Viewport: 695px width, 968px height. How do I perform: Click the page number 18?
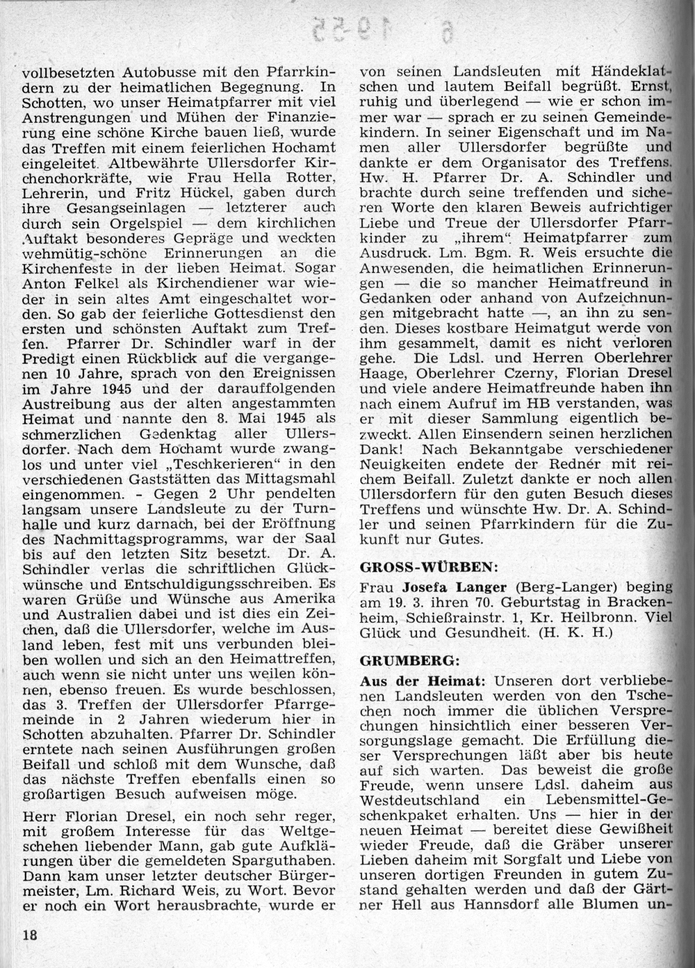(28, 934)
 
